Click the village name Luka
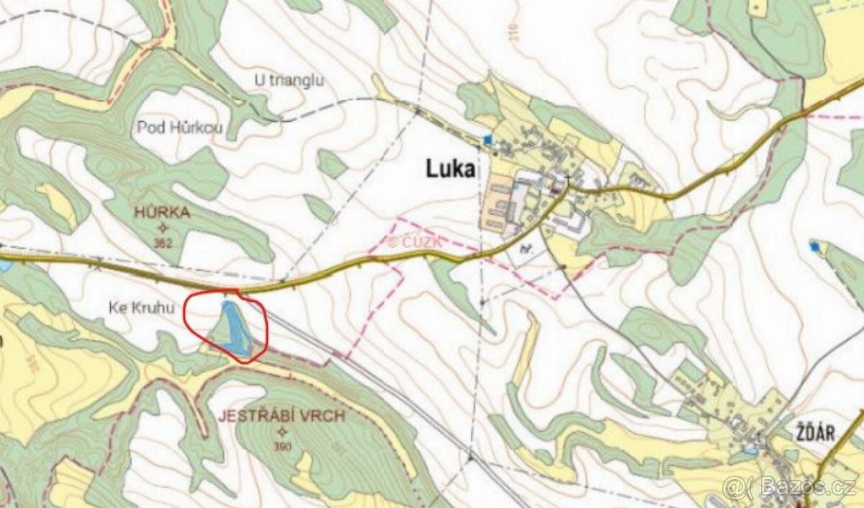coord(451,170)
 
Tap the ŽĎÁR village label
coord(816,433)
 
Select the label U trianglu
coord(289,80)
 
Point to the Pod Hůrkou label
coord(180,129)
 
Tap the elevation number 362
coord(163,244)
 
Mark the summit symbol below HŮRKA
coord(161,228)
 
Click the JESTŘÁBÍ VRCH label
coord(283,416)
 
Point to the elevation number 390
coord(283,447)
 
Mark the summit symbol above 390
coord(282,432)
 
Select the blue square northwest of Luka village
coord(489,139)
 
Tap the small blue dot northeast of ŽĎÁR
coord(814,246)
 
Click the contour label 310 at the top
coord(492,32)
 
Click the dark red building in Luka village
coord(556,191)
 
